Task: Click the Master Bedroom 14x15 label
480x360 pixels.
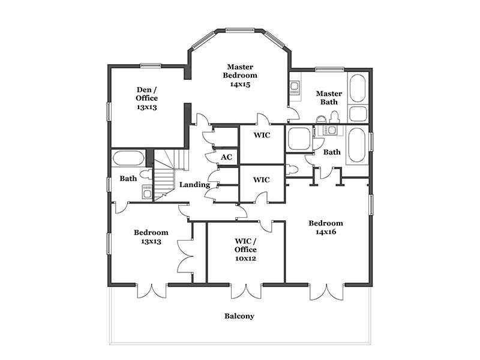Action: coord(240,76)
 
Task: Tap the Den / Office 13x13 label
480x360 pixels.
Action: coord(147,98)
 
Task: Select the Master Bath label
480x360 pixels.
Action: coord(329,98)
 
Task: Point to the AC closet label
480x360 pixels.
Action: coord(227,157)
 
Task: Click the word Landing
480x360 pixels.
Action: coord(194,185)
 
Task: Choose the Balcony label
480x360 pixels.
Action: coord(239,316)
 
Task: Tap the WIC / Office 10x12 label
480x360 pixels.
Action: coord(245,250)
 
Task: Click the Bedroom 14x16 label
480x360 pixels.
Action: coord(326,227)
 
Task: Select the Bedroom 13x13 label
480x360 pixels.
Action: coord(151,236)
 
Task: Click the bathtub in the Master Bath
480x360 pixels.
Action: coord(358,88)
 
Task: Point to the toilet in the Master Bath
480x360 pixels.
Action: coord(334,117)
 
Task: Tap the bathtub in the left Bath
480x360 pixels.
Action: coord(128,158)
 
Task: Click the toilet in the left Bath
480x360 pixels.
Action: coord(146,175)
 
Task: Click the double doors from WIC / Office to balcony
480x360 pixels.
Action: coord(247,291)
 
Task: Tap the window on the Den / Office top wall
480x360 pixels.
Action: coord(151,65)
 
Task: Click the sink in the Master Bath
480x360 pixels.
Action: coord(295,88)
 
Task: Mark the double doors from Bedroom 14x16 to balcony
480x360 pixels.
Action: coord(326,292)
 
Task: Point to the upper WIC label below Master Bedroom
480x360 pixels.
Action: coord(262,135)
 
